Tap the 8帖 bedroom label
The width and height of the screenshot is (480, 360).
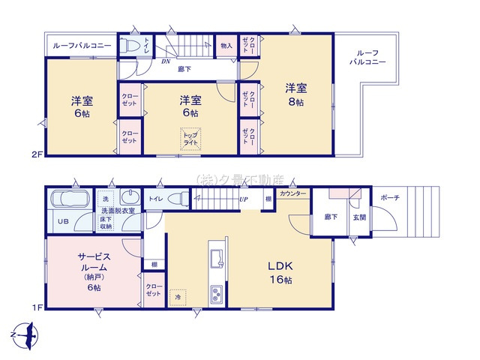pos(294,94)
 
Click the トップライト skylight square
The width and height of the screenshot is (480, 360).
pos(190,139)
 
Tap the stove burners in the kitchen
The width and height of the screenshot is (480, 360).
pos(217,292)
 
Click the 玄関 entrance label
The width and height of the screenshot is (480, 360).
pos(359,217)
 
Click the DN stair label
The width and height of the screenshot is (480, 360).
pos(165,61)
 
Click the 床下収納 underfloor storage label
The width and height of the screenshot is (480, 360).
pos(107,222)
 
